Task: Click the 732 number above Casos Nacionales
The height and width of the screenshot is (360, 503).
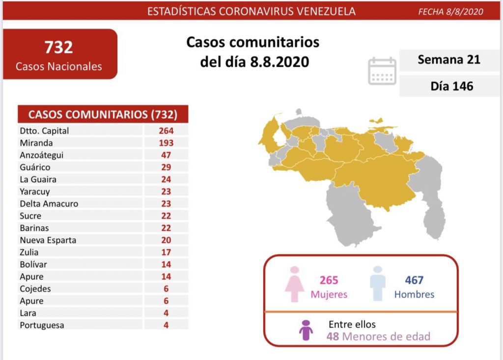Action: pyautogui.click(x=58, y=47)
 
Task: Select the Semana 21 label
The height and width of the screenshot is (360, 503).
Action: pyautogui.click(x=448, y=59)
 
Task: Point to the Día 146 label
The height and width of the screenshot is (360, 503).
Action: pyautogui.click(x=451, y=86)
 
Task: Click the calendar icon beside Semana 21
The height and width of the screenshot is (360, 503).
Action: pyautogui.click(x=382, y=71)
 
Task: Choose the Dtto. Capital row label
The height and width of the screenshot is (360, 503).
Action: pyautogui.click(x=45, y=131)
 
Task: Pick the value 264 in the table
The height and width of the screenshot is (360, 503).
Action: pyautogui.click(x=166, y=131)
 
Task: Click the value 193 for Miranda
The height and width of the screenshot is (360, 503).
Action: pyautogui.click(x=166, y=143)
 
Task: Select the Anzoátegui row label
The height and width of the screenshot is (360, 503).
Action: pyautogui.click(x=42, y=155)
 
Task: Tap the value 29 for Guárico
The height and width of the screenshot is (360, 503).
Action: pyautogui.click(x=166, y=167)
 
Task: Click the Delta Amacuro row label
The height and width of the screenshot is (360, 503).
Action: pyautogui.click(x=49, y=203)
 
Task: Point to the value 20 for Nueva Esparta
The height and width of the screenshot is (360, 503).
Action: pyautogui.click(x=166, y=240)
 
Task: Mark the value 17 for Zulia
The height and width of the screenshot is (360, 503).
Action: pyautogui.click(x=166, y=252)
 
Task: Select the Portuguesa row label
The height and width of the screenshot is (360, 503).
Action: pyautogui.click(x=42, y=325)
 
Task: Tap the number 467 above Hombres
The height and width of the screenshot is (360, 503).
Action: pyautogui.click(x=414, y=280)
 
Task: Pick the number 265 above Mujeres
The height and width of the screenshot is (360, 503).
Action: pyautogui.click(x=329, y=280)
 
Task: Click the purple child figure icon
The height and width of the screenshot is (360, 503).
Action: pyautogui.click(x=306, y=330)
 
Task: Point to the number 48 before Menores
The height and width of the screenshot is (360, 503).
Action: pyautogui.click(x=333, y=336)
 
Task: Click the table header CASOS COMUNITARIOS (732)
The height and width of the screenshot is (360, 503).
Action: pyautogui.click(x=103, y=114)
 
